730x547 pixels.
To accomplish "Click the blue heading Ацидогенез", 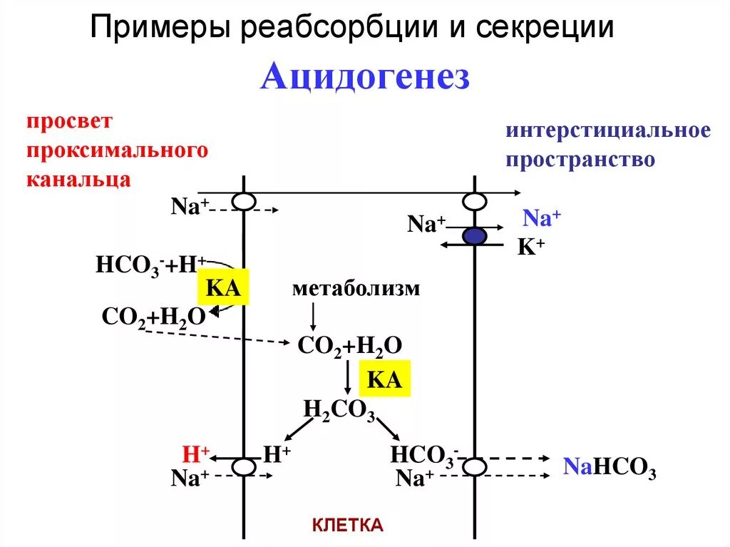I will pyautogui.click(x=365, y=77).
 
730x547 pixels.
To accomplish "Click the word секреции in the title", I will pyautogui.click(x=546, y=29).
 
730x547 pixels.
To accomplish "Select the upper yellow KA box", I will pyautogui.click(x=222, y=287).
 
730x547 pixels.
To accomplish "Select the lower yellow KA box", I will pyautogui.click(x=385, y=379).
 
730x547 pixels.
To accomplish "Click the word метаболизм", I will pyautogui.click(x=356, y=289).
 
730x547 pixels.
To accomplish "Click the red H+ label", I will pyautogui.click(x=196, y=454).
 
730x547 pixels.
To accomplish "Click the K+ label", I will pyautogui.click(x=530, y=247).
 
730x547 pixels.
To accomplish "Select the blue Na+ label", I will pyautogui.click(x=543, y=218).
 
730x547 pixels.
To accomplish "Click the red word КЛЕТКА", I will pyautogui.click(x=348, y=526).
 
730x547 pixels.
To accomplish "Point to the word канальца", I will pyautogui.click(x=79, y=178).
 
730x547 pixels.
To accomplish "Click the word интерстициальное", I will pyautogui.click(x=608, y=131).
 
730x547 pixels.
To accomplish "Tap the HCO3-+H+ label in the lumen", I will pyautogui.click(x=150, y=265).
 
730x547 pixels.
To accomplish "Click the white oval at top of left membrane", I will pyautogui.click(x=244, y=202).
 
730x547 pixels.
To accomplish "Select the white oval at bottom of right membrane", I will pyautogui.click(x=475, y=467).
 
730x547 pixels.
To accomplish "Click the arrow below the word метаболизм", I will pyautogui.click(x=312, y=316).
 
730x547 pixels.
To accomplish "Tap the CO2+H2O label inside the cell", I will pyautogui.click(x=350, y=346).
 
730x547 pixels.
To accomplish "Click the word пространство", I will pyautogui.click(x=580, y=158).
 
